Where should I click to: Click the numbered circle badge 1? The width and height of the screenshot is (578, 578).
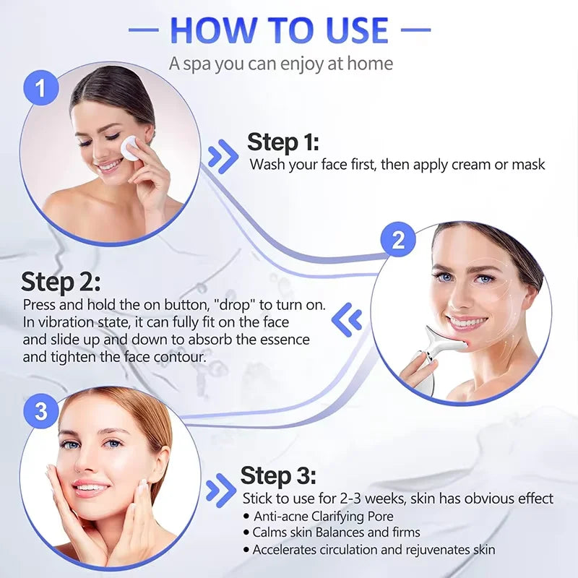coord(40,88)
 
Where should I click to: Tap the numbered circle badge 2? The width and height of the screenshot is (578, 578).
coord(398,239)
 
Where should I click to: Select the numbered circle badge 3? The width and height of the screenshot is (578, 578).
coord(41,411)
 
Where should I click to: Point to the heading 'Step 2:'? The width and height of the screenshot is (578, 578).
coord(61,281)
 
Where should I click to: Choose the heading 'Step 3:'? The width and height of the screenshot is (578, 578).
coord(278,475)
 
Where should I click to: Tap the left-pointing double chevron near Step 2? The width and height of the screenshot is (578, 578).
coord(347,316)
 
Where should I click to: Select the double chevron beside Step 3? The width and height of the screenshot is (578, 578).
coord(220,491)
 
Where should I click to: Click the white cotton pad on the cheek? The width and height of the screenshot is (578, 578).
coord(131,147)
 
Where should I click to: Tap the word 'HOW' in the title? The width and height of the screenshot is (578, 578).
coord(205,30)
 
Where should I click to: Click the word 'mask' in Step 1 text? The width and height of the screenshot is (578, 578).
coord(528,165)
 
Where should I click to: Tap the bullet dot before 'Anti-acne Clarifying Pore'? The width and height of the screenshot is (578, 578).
coord(246,516)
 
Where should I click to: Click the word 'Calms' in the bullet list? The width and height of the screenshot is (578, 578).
coord(269,532)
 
